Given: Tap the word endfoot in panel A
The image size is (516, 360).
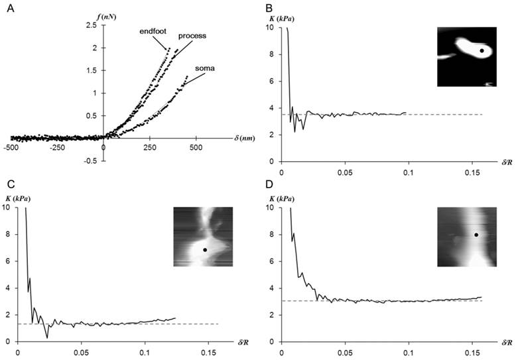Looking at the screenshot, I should [x=152, y=30].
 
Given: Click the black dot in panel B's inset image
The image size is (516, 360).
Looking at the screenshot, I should [x=482, y=50].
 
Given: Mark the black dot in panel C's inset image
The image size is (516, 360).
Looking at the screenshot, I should [x=205, y=250].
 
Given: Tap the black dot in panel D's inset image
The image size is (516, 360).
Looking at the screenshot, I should [x=476, y=235].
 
